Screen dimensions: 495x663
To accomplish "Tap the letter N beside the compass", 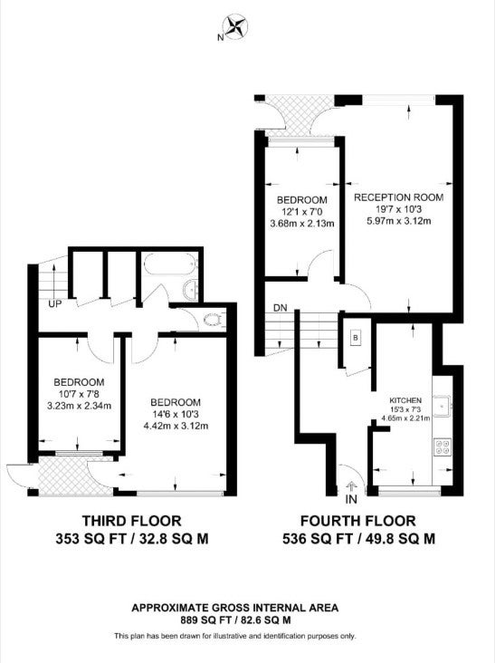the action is coord(220,37).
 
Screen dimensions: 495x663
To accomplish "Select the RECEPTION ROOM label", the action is coord(399,197).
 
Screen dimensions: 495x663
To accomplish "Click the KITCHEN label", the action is coord(405,400).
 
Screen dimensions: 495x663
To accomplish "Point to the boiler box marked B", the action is coord(356,338).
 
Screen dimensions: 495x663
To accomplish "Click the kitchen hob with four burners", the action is coord(443,447).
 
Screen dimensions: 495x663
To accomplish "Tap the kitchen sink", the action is coord(442,406).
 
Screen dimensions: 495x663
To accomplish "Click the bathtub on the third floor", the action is coord(171,266).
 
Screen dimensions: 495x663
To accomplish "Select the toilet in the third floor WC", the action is coord(214,319).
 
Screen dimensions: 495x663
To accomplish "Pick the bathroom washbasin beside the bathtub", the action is coord(191,290).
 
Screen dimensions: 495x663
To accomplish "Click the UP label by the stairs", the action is coord(54,303).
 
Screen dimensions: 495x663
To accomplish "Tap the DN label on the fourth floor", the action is coord(281,308).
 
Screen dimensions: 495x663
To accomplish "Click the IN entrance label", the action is coord(351,499).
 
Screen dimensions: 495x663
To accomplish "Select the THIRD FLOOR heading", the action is coord(132,521).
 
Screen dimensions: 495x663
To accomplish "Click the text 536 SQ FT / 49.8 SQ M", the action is coord(358,539).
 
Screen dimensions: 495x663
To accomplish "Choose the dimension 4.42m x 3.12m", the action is coord(176,426).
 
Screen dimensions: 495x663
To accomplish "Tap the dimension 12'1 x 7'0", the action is coord(301,211).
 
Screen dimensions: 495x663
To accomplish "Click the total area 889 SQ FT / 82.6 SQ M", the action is coord(235,620).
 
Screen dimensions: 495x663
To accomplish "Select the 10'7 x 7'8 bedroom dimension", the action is coord(79,394).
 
